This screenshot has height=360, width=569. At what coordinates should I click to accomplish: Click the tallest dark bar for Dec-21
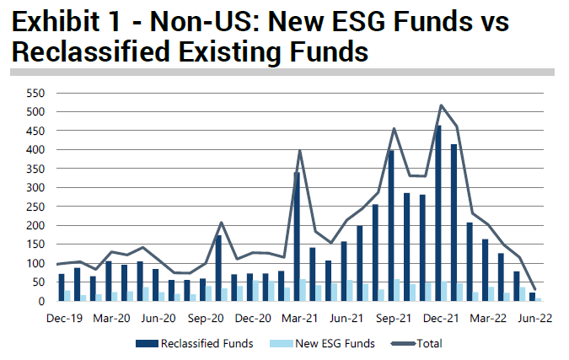(x=438, y=213)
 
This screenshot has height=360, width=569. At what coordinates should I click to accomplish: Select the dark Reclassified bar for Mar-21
(x=297, y=237)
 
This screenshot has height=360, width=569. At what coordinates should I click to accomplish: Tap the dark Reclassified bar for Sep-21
(x=391, y=226)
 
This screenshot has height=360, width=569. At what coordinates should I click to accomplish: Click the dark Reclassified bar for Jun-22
(x=533, y=297)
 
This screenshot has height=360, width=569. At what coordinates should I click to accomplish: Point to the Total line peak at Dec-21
(x=441, y=105)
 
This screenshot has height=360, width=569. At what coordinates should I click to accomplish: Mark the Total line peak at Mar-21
(x=300, y=150)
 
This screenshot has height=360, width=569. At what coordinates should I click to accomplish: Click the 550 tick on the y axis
(x=35, y=94)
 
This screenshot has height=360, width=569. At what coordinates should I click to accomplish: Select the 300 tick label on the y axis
(x=35, y=188)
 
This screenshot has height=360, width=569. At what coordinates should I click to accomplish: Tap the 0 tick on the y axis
(x=42, y=301)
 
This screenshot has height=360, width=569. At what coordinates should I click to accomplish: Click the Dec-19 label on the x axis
(x=65, y=319)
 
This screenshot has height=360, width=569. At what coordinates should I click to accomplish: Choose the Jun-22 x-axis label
(x=535, y=319)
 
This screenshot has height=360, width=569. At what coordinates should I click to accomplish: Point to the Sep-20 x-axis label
(x=206, y=319)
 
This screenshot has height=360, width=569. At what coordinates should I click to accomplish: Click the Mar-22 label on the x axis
(x=488, y=319)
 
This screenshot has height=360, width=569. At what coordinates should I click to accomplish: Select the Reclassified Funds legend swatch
(x=147, y=344)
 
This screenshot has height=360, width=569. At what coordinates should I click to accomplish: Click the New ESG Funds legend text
(x=335, y=344)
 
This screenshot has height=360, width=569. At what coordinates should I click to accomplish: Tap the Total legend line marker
(x=404, y=344)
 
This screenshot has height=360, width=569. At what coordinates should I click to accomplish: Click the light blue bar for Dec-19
(x=67, y=296)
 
